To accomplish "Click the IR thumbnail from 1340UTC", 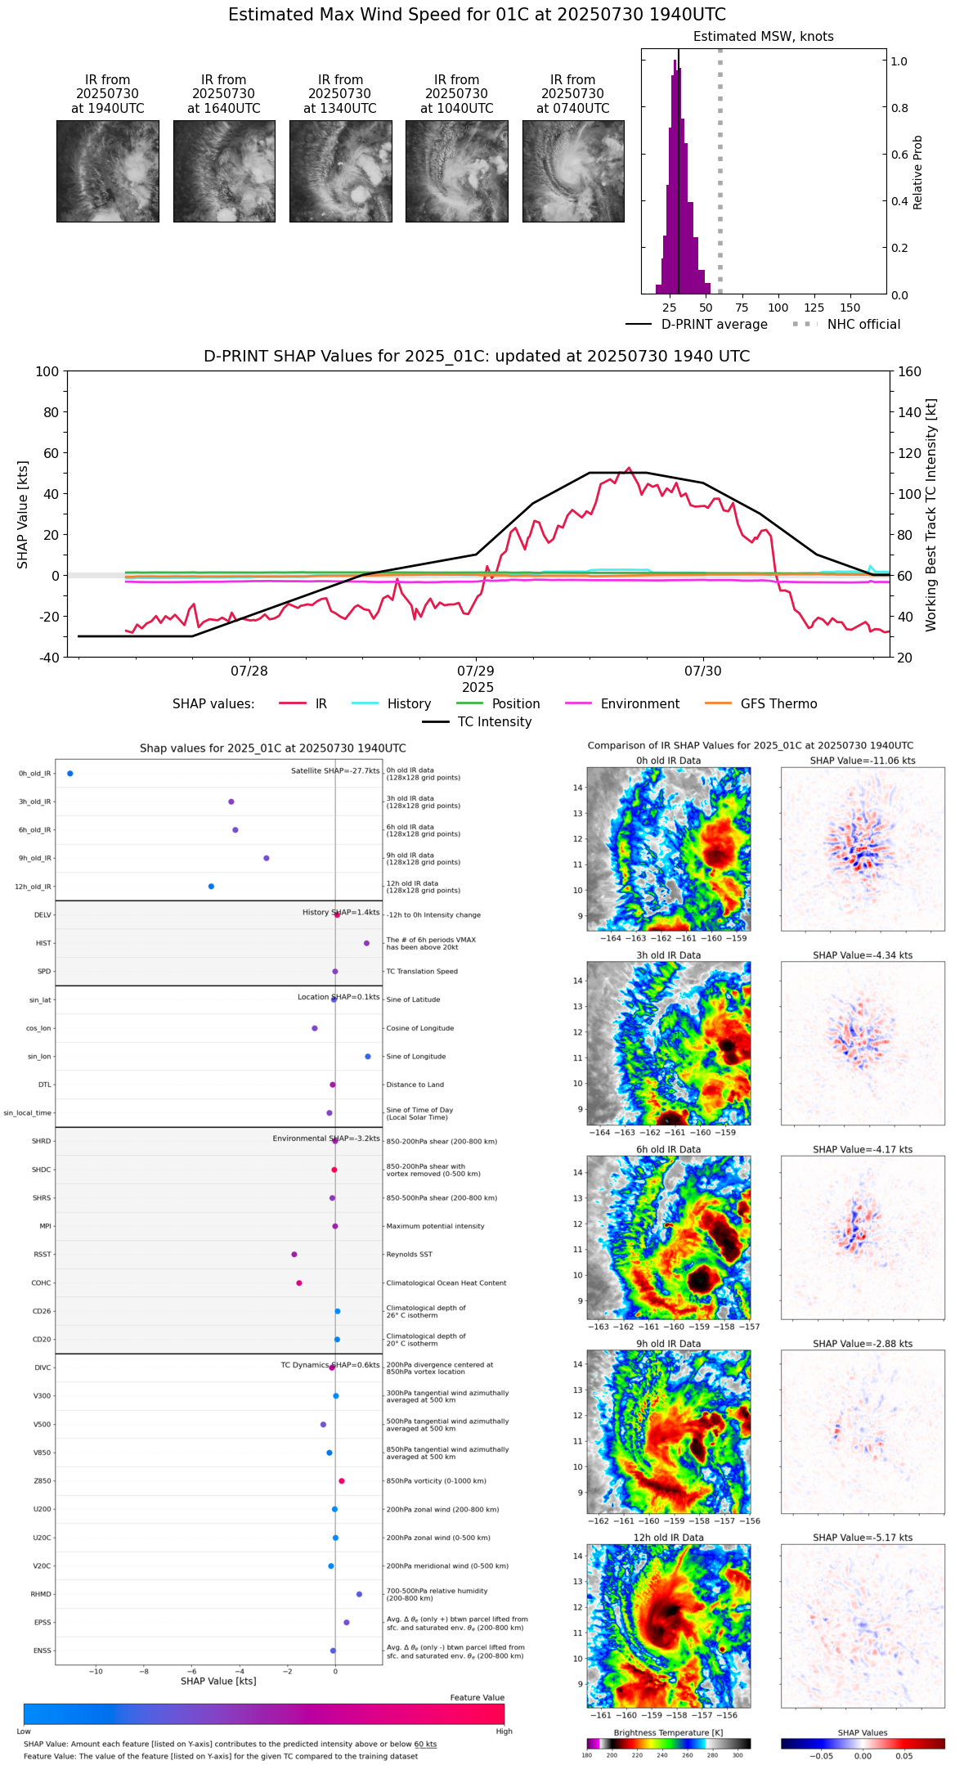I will click(340, 171).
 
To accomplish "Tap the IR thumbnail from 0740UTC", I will click(573, 171).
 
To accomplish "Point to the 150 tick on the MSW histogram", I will click(850, 308).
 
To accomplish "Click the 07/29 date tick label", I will click(476, 671).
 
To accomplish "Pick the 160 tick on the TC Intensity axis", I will click(910, 371).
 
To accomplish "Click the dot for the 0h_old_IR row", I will click(70, 773).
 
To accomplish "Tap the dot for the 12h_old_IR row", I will click(211, 887).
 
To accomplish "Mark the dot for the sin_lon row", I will click(368, 1057).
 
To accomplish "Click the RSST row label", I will click(43, 1255).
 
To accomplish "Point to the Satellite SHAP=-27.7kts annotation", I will click(335, 771).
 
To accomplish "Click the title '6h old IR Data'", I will click(668, 1149).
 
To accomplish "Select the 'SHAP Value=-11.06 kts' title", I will click(863, 761).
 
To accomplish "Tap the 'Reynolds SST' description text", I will click(409, 1255).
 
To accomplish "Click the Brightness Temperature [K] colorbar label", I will click(668, 1733).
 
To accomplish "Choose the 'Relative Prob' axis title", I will click(917, 172).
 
